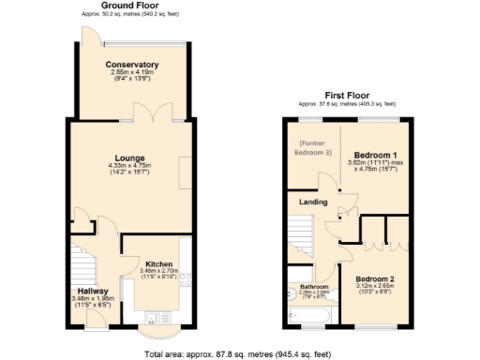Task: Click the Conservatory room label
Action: [131, 64]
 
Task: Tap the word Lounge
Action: [129, 158]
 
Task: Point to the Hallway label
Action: [93, 291]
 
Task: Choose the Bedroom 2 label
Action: [374, 279]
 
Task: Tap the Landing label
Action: [312, 202]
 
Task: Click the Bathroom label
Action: [314, 286]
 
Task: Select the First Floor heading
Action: [347, 96]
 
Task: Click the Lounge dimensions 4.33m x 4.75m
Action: [130, 167]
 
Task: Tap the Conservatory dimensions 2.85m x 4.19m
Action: [131, 72]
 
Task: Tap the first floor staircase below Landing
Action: [302, 234]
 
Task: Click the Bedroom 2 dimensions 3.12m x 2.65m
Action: [375, 288]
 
